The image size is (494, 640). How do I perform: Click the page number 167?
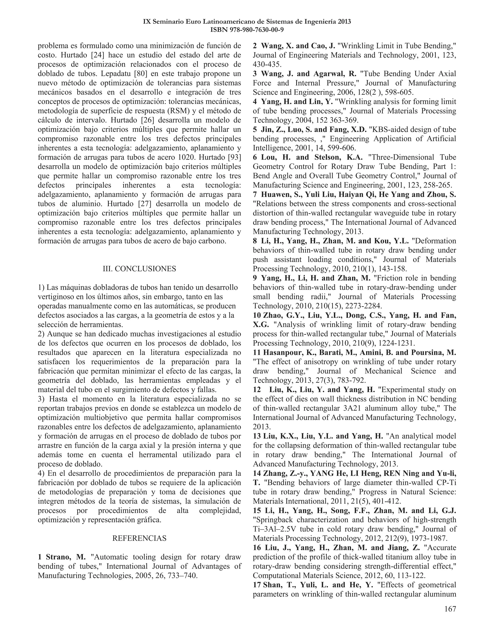(450, 609)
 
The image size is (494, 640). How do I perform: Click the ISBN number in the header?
(247, 30)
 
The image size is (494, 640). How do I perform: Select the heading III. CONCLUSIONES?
(139, 269)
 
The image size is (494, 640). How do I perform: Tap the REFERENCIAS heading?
(139, 538)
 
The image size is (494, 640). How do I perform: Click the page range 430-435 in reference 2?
(267, 64)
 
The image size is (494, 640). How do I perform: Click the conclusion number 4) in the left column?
(41, 473)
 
